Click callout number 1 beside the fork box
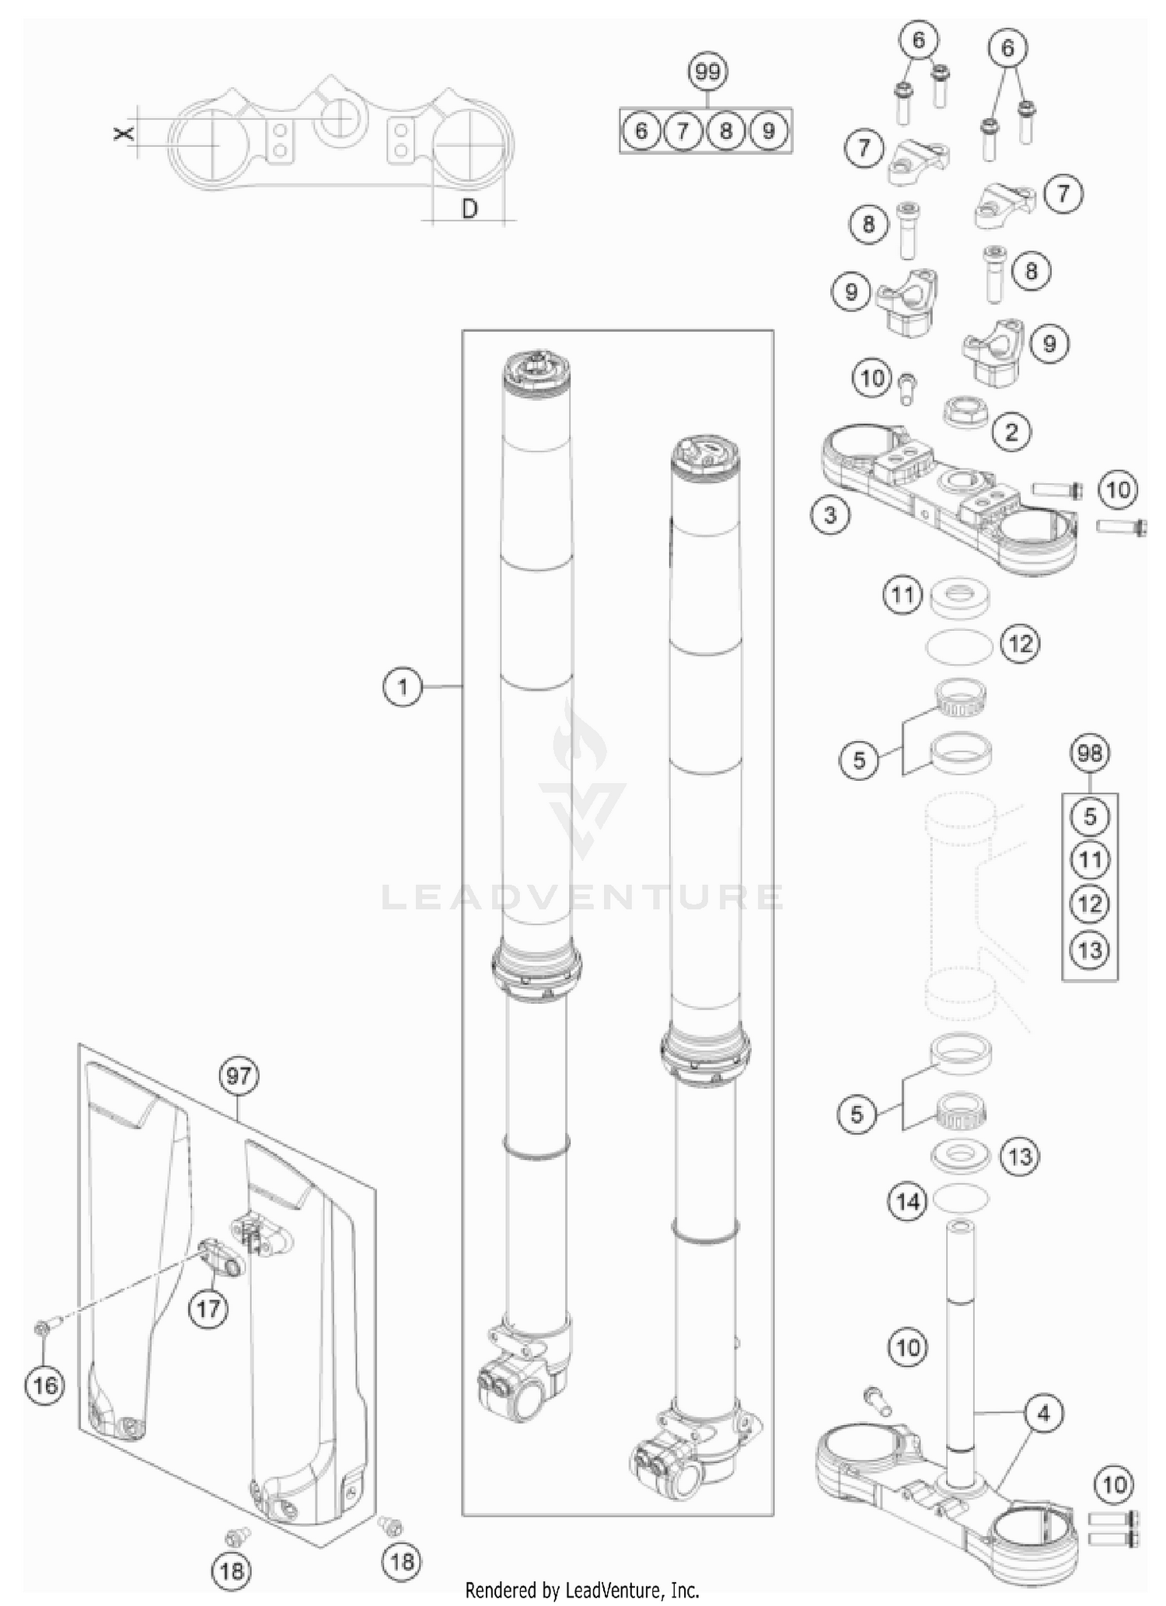pyautogui.click(x=403, y=687)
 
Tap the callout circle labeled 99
pyautogui.click(x=707, y=72)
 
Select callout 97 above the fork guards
pyautogui.click(x=239, y=1076)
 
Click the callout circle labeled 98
pyautogui.click(x=1090, y=753)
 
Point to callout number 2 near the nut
pyautogui.click(x=1011, y=432)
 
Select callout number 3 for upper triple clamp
pyautogui.click(x=830, y=514)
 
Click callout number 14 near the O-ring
pyautogui.click(x=908, y=1202)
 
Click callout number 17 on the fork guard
pyautogui.click(x=208, y=1309)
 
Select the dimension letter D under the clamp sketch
pyautogui.click(x=470, y=208)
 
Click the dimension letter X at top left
pyautogui.click(x=123, y=134)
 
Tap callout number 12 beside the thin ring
pyautogui.click(x=1020, y=643)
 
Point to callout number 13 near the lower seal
pyautogui.click(x=1019, y=1157)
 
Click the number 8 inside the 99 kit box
pyautogui.click(x=725, y=131)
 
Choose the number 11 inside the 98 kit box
pyautogui.click(x=1090, y=860)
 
